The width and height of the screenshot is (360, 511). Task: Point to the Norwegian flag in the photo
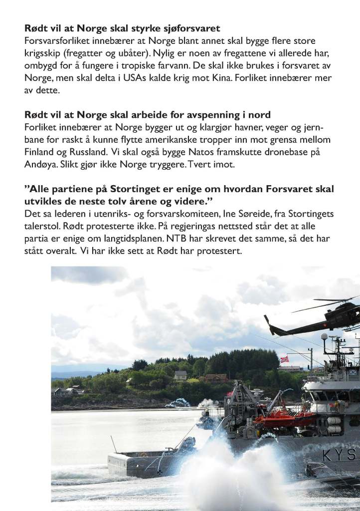coord(284,359)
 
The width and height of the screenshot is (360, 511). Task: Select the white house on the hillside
coord(180,375)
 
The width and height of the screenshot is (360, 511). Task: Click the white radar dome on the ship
coord(324,337)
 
